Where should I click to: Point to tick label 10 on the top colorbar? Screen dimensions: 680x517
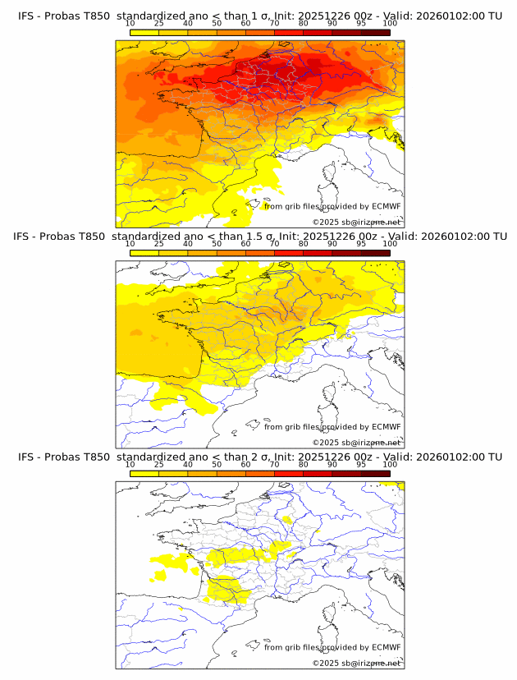pos(130,24)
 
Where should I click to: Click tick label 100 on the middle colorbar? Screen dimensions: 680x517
pos(390,244)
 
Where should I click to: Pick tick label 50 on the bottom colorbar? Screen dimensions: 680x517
pos(217,464)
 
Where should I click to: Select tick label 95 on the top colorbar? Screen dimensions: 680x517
pos(361,24)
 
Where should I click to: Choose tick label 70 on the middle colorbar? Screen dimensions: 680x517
pos(274,244)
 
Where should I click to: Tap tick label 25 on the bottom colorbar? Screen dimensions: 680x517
pos(159,464)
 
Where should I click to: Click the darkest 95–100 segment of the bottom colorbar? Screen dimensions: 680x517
pos(375,473)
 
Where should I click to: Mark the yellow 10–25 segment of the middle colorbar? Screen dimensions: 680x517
pos(144,253)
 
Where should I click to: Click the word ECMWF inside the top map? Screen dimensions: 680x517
pos(386,206)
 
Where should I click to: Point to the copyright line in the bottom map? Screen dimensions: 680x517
pos(356,663)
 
